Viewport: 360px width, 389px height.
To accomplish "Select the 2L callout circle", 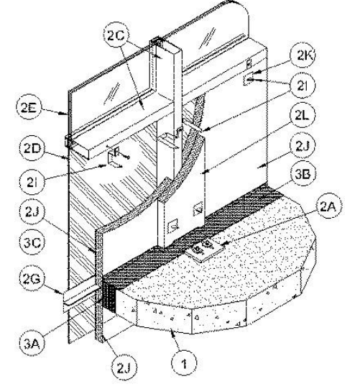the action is click(302, 116).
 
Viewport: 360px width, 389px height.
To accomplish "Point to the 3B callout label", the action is click(303, 174).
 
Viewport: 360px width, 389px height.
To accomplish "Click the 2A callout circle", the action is click(328, 206).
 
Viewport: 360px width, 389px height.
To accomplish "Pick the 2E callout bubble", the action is click(29, 108).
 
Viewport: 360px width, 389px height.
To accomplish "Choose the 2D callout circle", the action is click(32, 148).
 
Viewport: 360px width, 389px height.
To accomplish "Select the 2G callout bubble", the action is click(32, 279).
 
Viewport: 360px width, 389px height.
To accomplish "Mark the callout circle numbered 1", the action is click(184, 363).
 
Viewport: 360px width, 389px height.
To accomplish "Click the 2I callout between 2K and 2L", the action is click(303, 85).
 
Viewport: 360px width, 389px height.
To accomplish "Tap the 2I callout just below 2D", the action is click(32, 183).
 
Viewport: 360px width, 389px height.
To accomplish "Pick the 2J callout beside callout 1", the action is click(123, 368).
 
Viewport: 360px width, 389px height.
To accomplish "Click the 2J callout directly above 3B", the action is click(303, 146).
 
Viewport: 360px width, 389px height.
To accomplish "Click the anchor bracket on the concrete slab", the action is click(204, 249).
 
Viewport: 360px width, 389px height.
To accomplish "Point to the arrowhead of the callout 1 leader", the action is click(175, 334).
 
